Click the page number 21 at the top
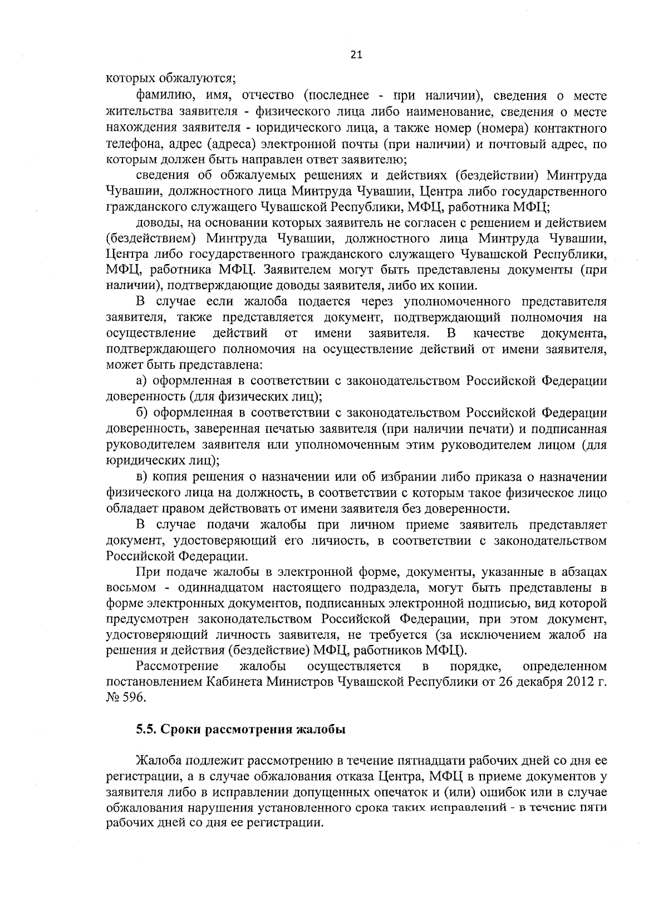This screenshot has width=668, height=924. (x=356, y=54)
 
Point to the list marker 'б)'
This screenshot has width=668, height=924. (x=142, y=413)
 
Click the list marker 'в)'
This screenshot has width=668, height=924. (x=142, y=477)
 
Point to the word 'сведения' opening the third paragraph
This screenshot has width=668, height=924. (x=162, y=176)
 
